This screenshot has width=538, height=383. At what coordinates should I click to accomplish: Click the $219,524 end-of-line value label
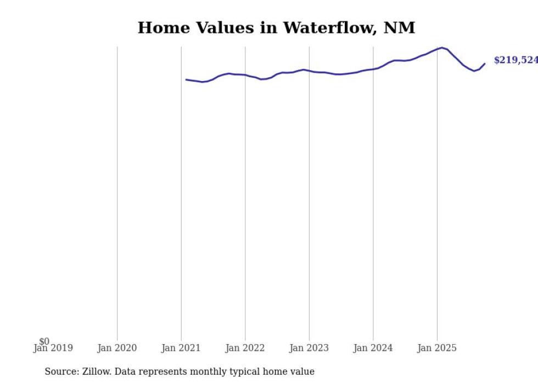[x=515, y=60]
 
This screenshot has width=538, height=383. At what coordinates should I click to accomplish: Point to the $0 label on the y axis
[x=44, y=342]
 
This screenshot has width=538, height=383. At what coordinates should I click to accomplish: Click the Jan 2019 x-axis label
[x=53, y=348]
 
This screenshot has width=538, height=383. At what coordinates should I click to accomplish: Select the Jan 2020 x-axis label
[x=117, y=348]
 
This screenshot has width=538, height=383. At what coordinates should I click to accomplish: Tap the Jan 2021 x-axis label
[x=181, y=348]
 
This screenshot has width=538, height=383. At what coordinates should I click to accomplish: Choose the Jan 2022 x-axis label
[x=245, y=348]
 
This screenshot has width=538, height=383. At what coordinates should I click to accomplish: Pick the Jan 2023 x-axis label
[x=309, y=348]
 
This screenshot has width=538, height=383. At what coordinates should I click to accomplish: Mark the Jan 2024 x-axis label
[x=373, y=348]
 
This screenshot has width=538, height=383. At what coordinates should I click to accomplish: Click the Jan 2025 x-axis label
[x=437, y=348]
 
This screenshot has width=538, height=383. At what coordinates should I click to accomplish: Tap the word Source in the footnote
[x=60, y=371]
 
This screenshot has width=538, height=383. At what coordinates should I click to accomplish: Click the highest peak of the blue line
[x=442, y=48]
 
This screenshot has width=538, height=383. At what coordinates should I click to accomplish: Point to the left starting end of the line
[x=186, y=79]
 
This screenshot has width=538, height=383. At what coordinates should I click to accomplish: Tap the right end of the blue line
[x=485, y=64]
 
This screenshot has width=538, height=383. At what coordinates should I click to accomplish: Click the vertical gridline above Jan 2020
[x=117, y=192]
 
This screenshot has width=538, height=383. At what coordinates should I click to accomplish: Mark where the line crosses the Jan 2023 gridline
[x=309, y=71]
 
